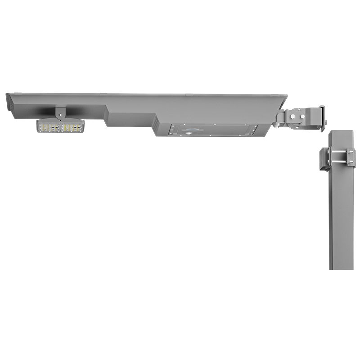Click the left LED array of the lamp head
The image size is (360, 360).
(x=49, y=127)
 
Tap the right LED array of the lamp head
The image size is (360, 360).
(x=72, y=127)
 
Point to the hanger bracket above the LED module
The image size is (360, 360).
(x=59, y=112)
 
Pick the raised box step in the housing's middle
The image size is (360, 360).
(x=130, y=119)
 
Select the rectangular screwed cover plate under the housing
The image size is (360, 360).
(x=211, y=130)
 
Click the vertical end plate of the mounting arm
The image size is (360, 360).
(x=322, y=118)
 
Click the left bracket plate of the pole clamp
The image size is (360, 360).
(x=324, y=159)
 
